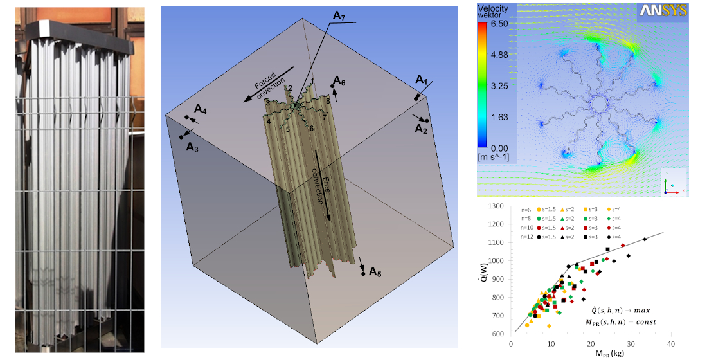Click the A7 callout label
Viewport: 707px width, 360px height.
point(342,16)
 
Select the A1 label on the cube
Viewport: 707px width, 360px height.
point(422,80)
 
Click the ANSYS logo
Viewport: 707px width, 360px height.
point(663,11)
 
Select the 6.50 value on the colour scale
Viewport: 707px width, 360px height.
point(499,22)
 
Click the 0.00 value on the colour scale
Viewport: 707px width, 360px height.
point(499,148)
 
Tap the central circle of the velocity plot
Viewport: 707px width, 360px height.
point(598,103)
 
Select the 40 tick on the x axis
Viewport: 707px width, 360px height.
point(672,343)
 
